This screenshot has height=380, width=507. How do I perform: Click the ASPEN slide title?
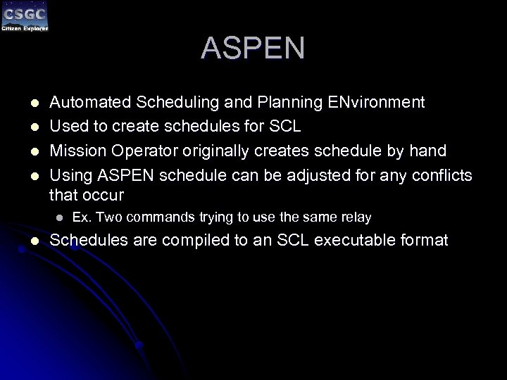click(x=253, y=48)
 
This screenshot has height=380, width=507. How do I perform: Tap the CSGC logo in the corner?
click(x=25, y=17)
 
